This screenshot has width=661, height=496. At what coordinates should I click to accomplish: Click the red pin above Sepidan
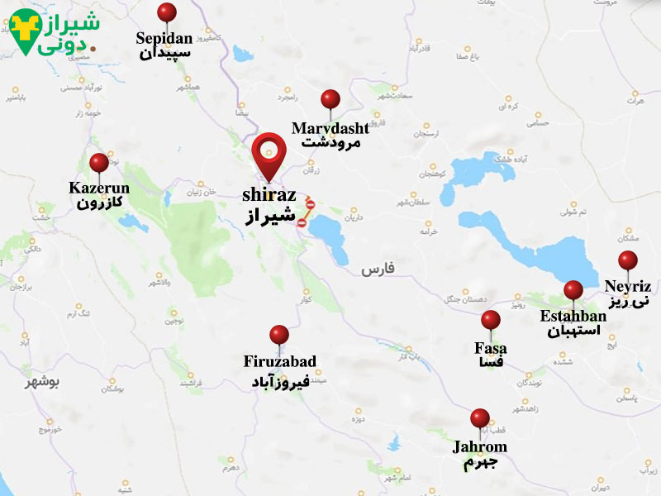click(167, 12)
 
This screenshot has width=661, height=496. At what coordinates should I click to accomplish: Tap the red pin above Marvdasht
click(330, 99)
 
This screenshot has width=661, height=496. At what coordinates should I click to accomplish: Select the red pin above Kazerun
click(99, 163)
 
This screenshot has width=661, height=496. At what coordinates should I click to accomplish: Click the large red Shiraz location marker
click(268, 151)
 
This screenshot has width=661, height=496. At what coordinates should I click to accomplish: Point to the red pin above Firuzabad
click(279, 335)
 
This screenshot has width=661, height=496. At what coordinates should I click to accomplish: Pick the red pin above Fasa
click(491, 320)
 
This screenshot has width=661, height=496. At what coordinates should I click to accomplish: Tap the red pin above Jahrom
click(480, 418)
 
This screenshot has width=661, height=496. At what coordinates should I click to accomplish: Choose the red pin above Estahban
click(573, 290)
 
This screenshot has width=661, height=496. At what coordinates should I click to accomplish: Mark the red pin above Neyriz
click(628, 260)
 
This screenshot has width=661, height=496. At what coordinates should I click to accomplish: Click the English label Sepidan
click(164, 38)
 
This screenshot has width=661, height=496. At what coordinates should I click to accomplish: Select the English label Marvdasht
click(330, 128)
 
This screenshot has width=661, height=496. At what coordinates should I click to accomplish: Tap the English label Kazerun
click(99, 188)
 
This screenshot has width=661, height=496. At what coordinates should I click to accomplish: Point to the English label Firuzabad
click(279, 361)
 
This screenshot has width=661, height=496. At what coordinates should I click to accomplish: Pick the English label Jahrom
click(480, 447)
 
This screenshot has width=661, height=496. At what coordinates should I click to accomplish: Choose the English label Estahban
click(572, 316)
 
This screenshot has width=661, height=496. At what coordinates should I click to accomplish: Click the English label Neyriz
click(628, 287)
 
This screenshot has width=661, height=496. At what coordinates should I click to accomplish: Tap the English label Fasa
click(491, 348)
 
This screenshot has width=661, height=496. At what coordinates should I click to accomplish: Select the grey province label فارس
click(379, 269)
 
